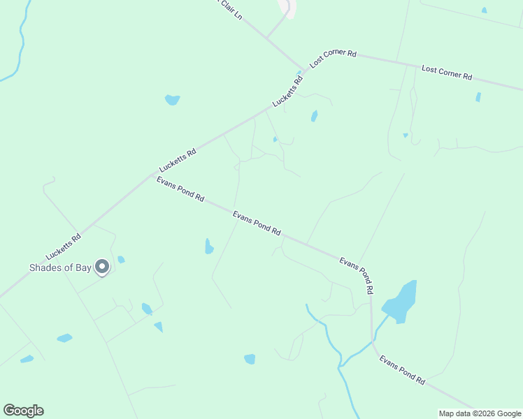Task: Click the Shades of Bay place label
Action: coord(60,267)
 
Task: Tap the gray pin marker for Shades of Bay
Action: coord(102,267)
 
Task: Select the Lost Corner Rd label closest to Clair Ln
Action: coord(334,57)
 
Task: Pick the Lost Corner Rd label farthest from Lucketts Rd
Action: coord(447,72)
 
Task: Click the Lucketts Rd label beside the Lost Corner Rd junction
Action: coord(289,91)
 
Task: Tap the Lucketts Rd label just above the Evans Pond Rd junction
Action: coord(178,160)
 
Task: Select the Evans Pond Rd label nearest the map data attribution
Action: coord(402,370)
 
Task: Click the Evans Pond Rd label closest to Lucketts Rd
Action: coord(180,189)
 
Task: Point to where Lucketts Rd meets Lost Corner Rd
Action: coord(305,69)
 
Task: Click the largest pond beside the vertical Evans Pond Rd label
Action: coord(401,301)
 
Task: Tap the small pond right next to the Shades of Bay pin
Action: coord(121,260)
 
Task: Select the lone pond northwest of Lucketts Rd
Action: coord(172,100)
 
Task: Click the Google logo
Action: coord(23,411)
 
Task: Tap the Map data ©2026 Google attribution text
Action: coord(480,413)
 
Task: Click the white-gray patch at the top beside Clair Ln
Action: coord(287,7)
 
